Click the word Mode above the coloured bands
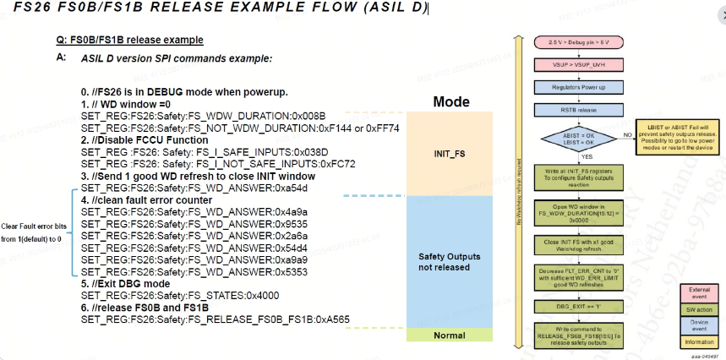(450, 101)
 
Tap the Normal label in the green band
(450, 335)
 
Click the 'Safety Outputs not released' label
(450, 261)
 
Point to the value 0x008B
(305, 115)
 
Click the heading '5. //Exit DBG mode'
(127, 284)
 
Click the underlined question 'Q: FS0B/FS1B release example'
(128, 40)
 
